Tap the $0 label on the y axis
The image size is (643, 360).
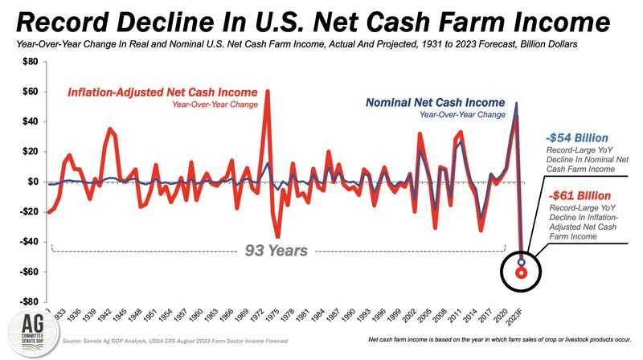[x=32, y=182]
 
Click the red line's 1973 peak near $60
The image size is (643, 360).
[x=268, y=92]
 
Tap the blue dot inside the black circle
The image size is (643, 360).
[x=522, y=263]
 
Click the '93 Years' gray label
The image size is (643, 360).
[x=276, y=251]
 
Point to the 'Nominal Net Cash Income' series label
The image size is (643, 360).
[x=435, y=103]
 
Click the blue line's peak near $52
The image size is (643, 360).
[x=516, y=103]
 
